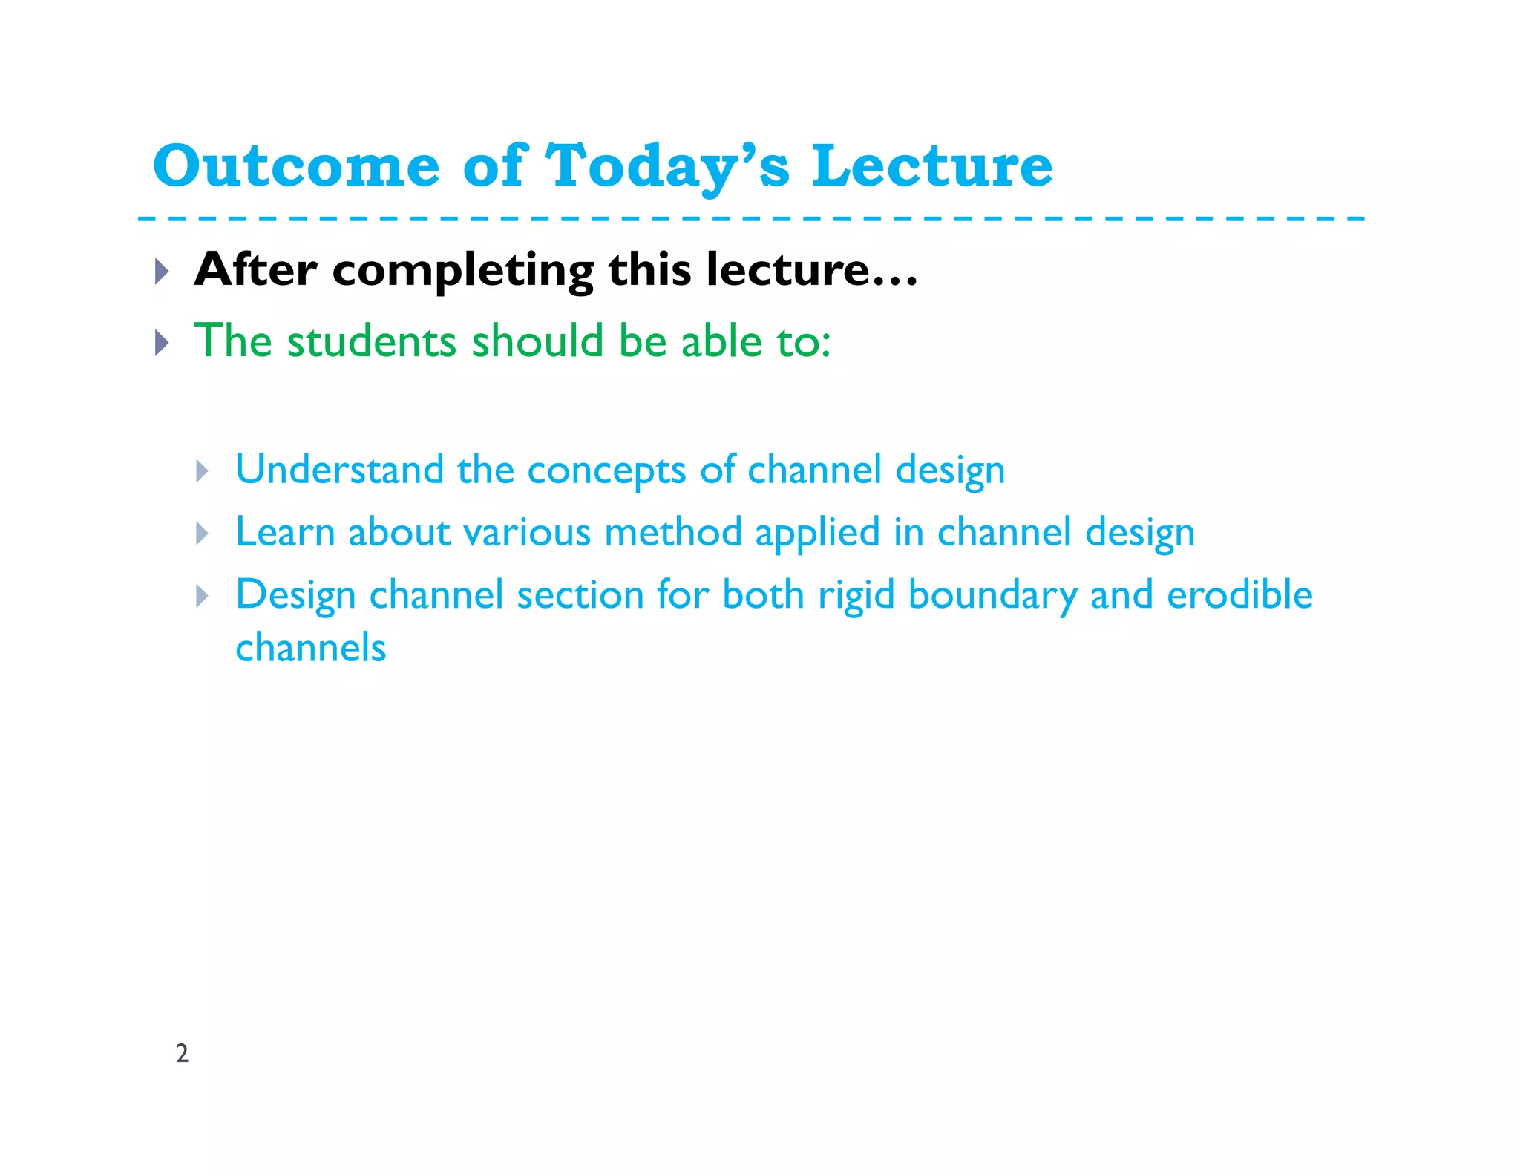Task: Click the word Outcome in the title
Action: [296, 166]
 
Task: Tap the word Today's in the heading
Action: [666, 166]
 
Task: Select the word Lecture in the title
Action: [931, 166]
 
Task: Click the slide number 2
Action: [182, 1053]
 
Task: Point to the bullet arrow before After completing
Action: [162, 271]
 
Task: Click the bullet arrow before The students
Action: [162, 342]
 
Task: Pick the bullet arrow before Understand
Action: [202, 470]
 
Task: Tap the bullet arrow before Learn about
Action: [202, 533]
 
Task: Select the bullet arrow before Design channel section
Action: [202, 595]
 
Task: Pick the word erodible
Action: [1239, 594]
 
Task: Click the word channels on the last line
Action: [311, 648]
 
